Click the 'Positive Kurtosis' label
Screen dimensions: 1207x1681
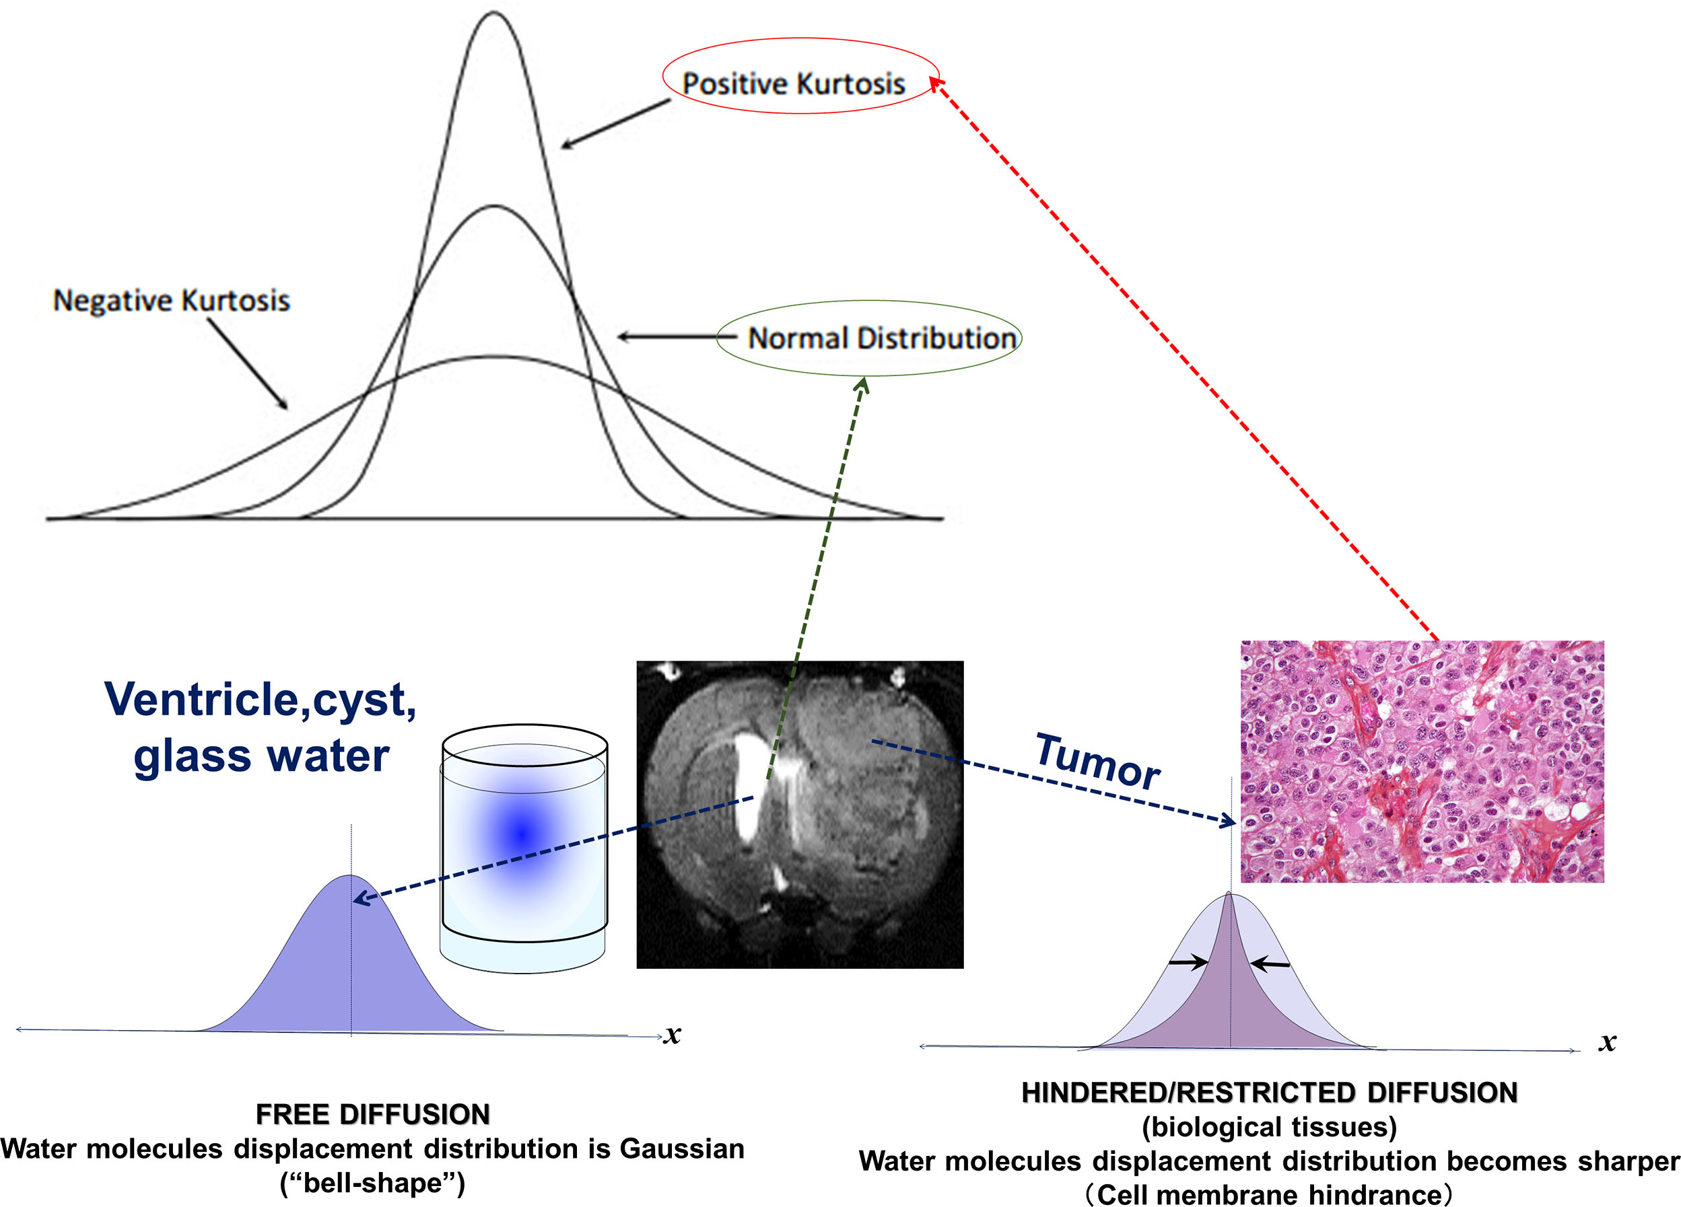793,83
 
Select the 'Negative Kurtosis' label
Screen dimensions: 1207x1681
171,300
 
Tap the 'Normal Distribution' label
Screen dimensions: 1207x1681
881,338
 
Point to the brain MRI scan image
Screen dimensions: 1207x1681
800,813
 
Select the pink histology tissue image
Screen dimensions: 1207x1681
1422,761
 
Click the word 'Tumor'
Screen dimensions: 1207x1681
1097,761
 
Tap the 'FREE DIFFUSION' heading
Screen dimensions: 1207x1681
373,1113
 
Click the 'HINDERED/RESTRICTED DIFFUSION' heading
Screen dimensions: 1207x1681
1269,1092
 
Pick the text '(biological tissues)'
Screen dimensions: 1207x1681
1269,1127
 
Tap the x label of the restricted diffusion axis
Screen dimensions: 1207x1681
1607,1041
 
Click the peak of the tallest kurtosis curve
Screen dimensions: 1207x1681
493,13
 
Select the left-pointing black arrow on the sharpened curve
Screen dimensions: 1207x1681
1270,964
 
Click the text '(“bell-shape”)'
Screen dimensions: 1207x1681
372,1183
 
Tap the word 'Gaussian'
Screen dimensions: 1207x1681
682,1148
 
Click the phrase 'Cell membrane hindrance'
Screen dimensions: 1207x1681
1269,1194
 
